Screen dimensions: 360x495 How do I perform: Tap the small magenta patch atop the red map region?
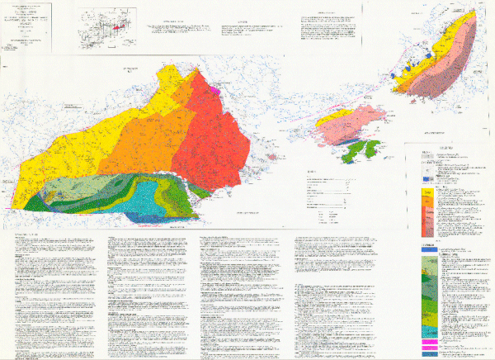[x=214, y=84]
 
